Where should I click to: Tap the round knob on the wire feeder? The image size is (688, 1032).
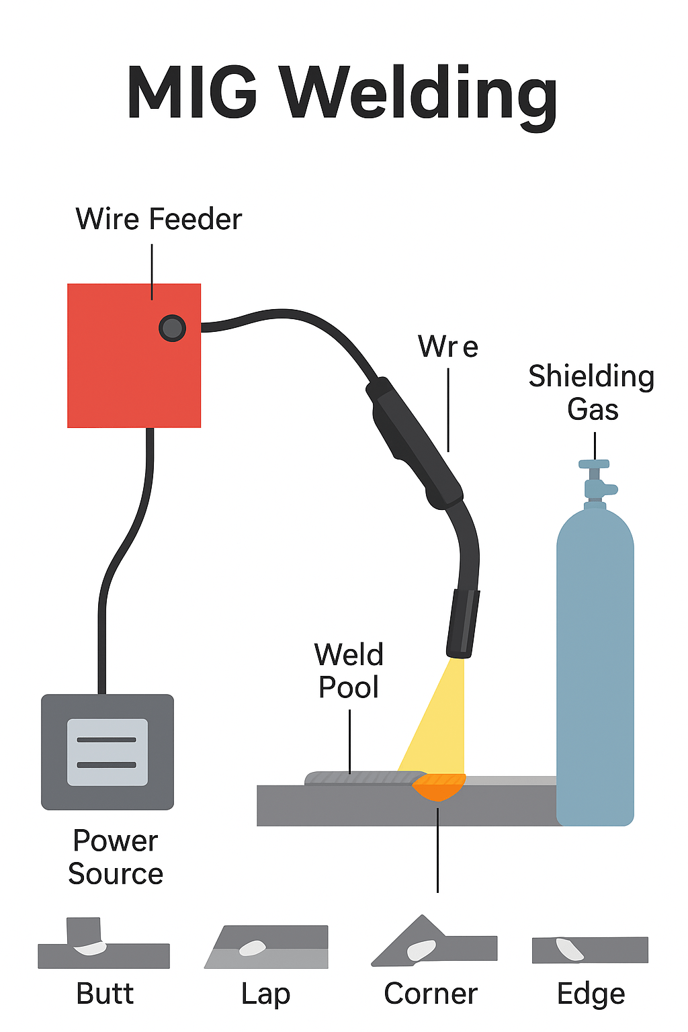pos(172,328)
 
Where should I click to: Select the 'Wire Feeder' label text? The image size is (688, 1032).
pos(159,220)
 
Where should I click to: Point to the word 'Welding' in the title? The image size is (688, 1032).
pos(419,94)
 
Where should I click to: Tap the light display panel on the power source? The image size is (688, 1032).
pos(107,752)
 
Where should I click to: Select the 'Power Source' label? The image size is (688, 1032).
pos(116,857)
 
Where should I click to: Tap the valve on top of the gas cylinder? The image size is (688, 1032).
pos(595,478)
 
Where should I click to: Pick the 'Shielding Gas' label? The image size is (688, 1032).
pos(591,392)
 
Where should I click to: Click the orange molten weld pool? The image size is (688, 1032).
pos(439,786)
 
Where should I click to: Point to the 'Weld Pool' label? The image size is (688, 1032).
pos(349,671)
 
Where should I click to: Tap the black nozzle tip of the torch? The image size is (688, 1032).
pos(463,623)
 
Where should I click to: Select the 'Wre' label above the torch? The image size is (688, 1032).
pos(448,347)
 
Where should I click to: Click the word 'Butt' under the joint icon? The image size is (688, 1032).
pos(105,994)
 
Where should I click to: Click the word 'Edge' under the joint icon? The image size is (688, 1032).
pos(591,994)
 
